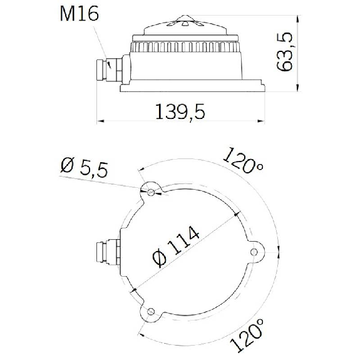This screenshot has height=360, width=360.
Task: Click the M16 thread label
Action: click(80, 14)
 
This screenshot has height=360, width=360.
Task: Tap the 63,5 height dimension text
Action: click(285, 52)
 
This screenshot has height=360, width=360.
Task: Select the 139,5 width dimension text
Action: click(180, 112)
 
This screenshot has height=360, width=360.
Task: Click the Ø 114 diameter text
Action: click(176, 246)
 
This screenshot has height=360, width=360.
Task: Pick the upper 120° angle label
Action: click(244, 160)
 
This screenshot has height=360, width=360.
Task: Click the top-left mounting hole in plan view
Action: click(151, 192)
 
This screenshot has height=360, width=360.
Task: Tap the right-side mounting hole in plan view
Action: click(254, 252)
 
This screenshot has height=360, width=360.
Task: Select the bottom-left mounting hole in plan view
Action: click(151, 312)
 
